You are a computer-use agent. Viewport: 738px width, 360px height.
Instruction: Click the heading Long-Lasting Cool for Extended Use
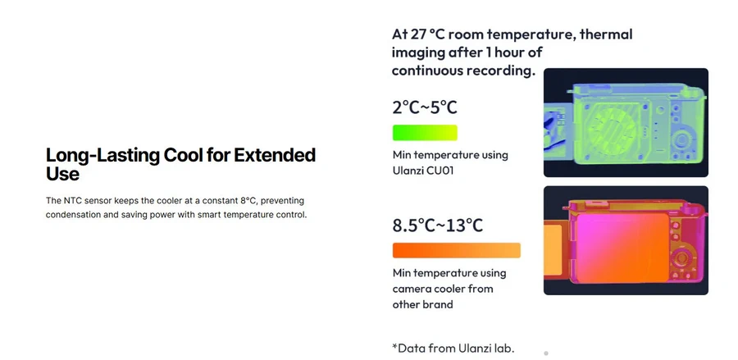click(180, 164)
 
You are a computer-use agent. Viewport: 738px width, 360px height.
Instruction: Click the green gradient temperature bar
click(425, 133)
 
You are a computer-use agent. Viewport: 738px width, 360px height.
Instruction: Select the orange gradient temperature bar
click(456, 250)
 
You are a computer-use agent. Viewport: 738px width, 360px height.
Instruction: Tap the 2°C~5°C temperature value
click(425, 107)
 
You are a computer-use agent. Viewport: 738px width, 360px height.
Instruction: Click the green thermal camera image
click(626, 122)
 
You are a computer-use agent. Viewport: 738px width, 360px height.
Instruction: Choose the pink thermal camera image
click(626, 240)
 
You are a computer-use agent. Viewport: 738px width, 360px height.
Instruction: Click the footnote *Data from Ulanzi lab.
click(453, 348)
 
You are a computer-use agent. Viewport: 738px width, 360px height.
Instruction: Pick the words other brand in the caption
click(422, 304)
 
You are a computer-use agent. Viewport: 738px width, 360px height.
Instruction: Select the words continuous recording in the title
click(463, 71)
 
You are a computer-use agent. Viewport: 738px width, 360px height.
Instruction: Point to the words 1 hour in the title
click(514, 52)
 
